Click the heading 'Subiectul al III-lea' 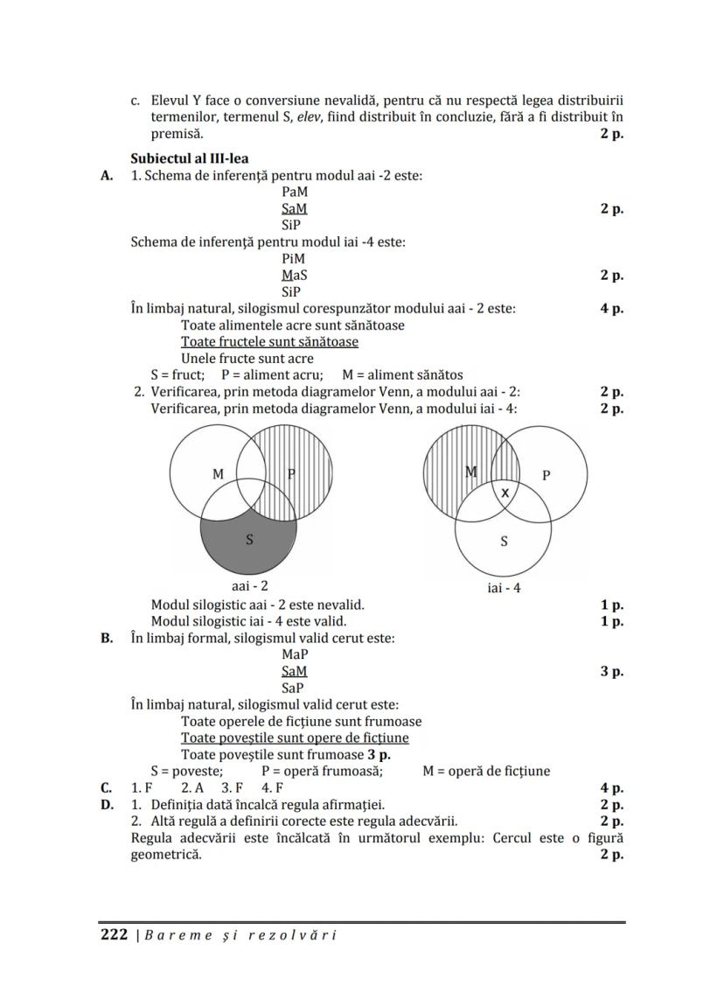click(x=189, y=158)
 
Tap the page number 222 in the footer click(x=115, y=934)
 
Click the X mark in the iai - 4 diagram click(x=505, y=493)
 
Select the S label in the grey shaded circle click(x=249, y=540)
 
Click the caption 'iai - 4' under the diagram click(x=504, y=588)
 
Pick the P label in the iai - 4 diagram click(x=546, y=475)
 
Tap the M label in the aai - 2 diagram click(x=218, y=474)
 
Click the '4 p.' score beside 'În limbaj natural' click(x=611, y=309)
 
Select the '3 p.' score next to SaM click(x=611, y=672)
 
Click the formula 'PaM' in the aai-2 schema click(x=295, y=192)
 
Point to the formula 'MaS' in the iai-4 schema click(x=295, y=276)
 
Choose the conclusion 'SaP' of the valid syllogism click(x=295, y=689)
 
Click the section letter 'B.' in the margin click(x=108, y=638)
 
